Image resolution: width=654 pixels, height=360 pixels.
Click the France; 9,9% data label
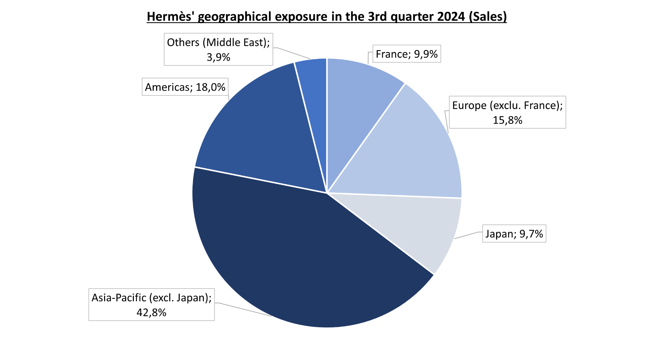click(x=407, y=54)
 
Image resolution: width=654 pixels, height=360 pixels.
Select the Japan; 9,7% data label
click(x=514, y=234)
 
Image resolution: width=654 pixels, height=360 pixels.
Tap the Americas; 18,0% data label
click(x=185, y=87)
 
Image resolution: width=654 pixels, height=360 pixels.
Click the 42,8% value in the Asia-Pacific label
click(x=151, y=312)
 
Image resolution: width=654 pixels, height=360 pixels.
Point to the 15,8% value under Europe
click(x=507, y=120)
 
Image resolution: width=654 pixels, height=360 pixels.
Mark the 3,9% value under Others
click(x=218, y=57)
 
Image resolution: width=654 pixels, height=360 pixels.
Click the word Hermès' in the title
click(x=171, y=17)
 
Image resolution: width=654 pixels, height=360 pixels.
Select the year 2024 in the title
click(x=451, y=17)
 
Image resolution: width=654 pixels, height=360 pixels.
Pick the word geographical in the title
click(x=235, y=17)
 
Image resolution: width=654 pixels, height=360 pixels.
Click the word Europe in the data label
click(x=469, y=105)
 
